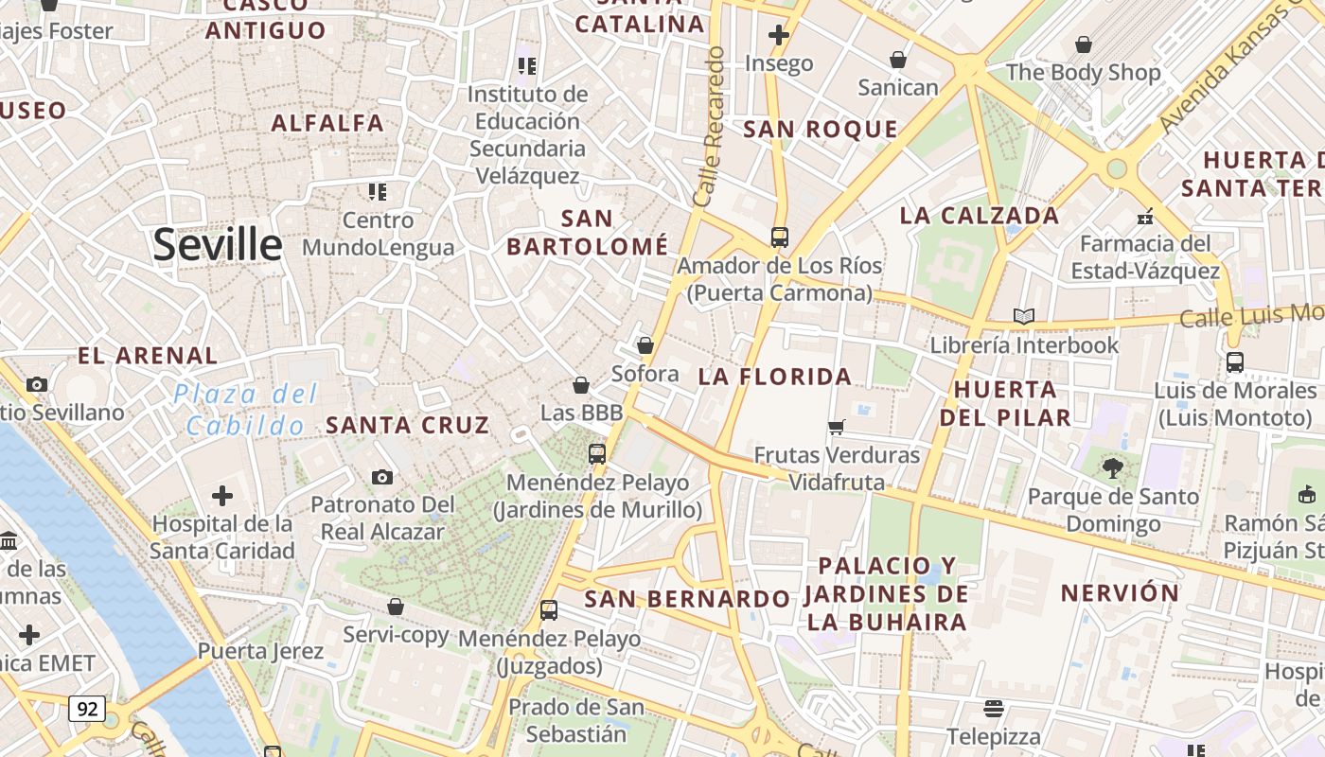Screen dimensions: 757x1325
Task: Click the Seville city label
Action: [218, 245]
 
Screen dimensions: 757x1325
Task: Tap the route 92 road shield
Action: [86, 708]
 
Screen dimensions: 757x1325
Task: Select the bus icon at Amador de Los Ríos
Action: [780, 238]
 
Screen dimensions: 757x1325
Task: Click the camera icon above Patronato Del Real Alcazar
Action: [382, 477]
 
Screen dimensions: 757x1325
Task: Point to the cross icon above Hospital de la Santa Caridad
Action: [222, 495]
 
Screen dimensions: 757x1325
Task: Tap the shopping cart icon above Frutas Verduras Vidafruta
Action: [836, 427]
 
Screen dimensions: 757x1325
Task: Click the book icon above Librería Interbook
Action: [1023, 316]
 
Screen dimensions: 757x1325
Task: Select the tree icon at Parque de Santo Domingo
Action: [1113, 467]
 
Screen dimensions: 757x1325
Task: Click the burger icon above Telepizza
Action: [993, 708]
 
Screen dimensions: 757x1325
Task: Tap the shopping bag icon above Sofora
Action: [645, 345]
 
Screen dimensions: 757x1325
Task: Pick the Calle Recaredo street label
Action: [709, 127]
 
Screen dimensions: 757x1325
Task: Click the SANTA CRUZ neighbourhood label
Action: [407, 425]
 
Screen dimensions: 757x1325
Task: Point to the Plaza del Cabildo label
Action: [245, 410]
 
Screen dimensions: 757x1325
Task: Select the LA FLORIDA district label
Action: [775, 377]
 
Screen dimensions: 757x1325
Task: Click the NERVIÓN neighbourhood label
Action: [1120, 593]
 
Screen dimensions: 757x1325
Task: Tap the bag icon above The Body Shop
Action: [1084, 44]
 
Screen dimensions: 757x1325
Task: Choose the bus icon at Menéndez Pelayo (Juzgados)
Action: [549, 610]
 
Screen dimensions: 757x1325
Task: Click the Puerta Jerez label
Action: [260, 651]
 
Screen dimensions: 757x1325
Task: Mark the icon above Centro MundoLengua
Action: [379, 192]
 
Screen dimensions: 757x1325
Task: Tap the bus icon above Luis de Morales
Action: [1235, 361]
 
